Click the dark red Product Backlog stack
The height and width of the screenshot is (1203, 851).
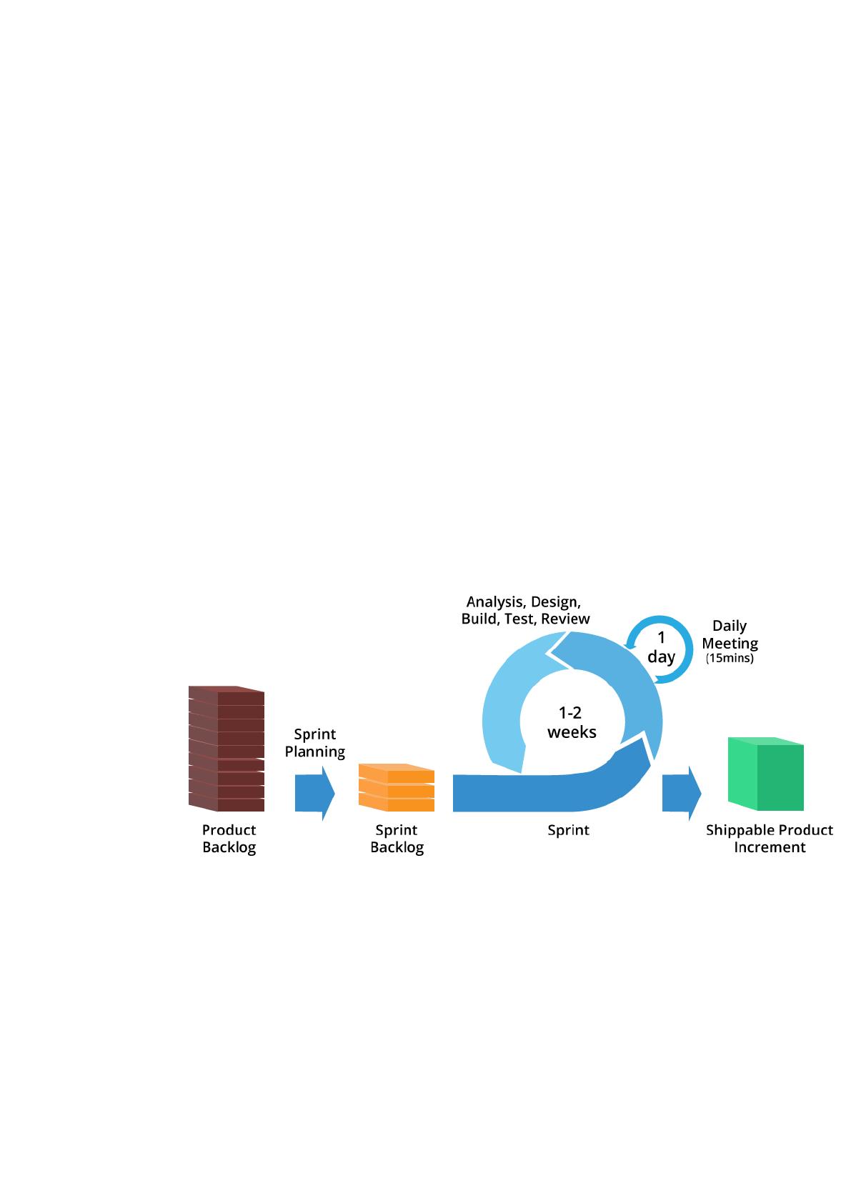click(x=227, y=749)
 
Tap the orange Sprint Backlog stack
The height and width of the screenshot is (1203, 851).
click(x=397, y=787)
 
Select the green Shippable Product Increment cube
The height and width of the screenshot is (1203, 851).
click(x=765, y=774)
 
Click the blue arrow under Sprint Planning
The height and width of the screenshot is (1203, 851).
click(x=315, y=793)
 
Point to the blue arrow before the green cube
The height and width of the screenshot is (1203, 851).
click(x=682, y=793)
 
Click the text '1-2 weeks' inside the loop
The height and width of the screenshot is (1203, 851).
click(x=572, y=722)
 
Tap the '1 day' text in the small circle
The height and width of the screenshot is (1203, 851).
click(x=662, y=647)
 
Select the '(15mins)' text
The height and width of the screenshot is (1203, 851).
click(x=730, y=659)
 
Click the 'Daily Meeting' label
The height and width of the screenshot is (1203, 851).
click(x=730, y=634)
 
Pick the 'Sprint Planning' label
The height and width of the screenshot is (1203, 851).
click(x=315, y=743)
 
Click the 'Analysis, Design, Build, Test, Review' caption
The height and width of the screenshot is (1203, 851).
click(x=525, y=610)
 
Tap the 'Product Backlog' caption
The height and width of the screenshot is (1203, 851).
click(x=229, y=839)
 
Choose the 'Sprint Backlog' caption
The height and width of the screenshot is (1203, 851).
click(x=397, y=839)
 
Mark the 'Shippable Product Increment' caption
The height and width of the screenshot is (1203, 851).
click(x=770, y=839)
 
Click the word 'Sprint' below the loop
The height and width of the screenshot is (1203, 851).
click(x=569, y=831)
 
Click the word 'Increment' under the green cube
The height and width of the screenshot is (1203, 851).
click(x=770, y=847)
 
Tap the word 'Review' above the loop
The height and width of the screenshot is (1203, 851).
click(x=565, y=619)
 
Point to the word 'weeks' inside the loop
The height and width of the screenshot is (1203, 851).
click(x=572, y=732)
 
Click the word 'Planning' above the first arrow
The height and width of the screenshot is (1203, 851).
click(x=315, y=752)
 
